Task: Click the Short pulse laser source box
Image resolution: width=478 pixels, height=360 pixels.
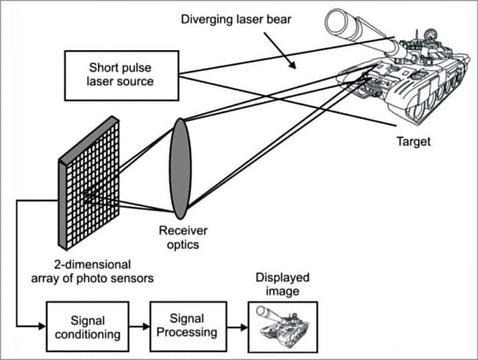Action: point(121,74)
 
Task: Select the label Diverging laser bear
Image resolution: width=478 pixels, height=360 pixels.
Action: point(236,19)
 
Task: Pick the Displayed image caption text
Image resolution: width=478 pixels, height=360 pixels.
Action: point(282,284)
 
